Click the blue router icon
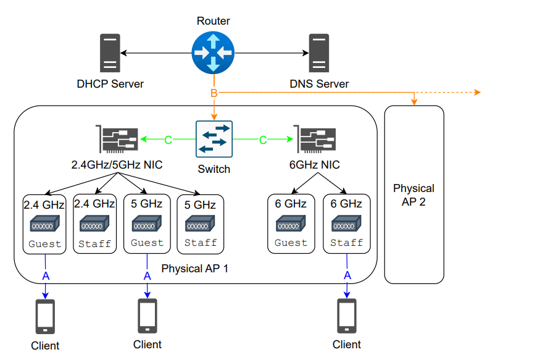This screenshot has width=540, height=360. pyautogui.click(x=214, y=54)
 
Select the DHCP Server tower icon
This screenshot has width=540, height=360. pyautogui.click(x=110, y=54)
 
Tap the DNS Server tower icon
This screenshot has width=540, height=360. pyautogui.click(x=318, y=54)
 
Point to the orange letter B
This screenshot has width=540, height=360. pyautogui.click(x=214, y=93)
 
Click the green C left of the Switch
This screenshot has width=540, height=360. pyautogui.click(x=168, y=140)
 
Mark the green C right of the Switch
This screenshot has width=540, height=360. pyautogui.click(x=262, y=140)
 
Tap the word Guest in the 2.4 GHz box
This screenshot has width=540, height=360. pyautogui.click(x=45, y=244)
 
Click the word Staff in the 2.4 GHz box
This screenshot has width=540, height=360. pyautogui.click(x=94, y=244)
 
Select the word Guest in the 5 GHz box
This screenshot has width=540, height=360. pyautogui.click(x=147, y=243)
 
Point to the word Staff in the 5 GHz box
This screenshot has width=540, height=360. pyautogui.click(x=201, y=243)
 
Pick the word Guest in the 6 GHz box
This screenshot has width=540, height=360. pyautogui.click(x=291, y=243)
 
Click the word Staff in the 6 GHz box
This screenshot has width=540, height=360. pyautogui.click(x=347, y=243)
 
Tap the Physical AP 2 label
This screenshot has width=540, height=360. pyautogui.click(x=413, y=195)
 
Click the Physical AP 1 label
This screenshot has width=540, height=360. pyautogui.click(x=194, y=269)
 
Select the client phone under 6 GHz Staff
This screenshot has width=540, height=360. pyautogui.click(x=347, y=316)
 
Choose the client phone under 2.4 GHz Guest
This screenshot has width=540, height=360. pyautogui.click(x=45, y=316)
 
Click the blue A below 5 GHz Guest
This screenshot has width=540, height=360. pyautogui.click(x=147, y=276)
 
